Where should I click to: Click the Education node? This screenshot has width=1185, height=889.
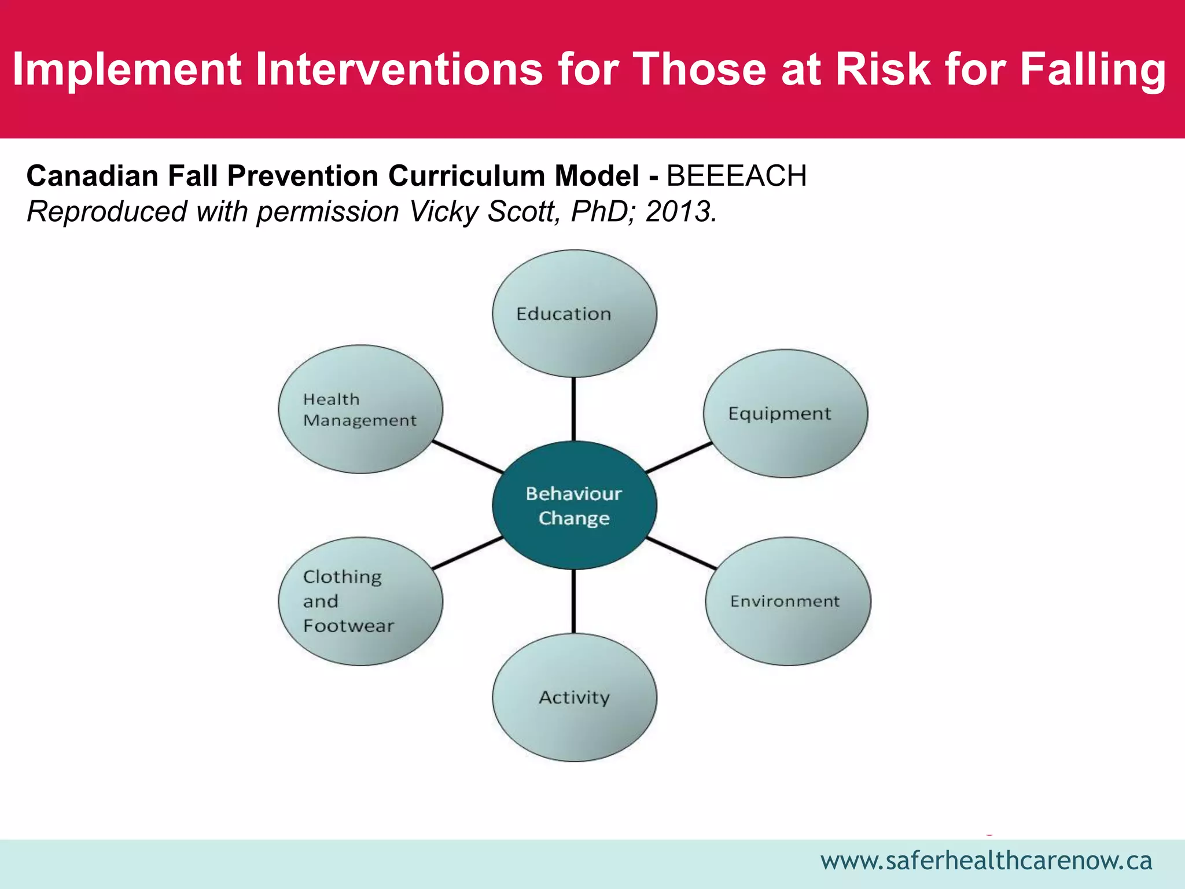pos(574,314)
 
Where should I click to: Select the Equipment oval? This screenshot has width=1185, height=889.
pos(785,413)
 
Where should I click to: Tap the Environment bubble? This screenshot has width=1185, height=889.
pos(787,601)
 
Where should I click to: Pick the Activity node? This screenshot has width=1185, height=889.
pos(574,697)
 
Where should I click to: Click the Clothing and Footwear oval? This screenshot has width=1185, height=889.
pos(360,601)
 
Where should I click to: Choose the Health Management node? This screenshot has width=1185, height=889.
pos(360,409)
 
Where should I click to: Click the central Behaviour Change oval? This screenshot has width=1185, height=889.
pos(574,505)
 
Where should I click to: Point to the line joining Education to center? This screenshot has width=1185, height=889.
pos(573,409)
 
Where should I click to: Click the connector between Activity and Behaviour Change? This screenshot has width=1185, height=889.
pos(573,601)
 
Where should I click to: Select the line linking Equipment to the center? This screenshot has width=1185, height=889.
pos(678,458)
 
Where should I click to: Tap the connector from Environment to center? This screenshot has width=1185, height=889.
pos(681,553)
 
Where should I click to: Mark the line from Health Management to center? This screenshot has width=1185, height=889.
pos(468,457)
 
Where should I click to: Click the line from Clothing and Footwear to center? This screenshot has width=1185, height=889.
pos(468,553)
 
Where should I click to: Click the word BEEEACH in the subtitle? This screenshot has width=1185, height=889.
pos(736,176)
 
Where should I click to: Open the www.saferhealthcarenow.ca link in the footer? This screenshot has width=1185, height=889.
pos(986,861)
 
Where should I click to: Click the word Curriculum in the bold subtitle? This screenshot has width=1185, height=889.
pos(466,176)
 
